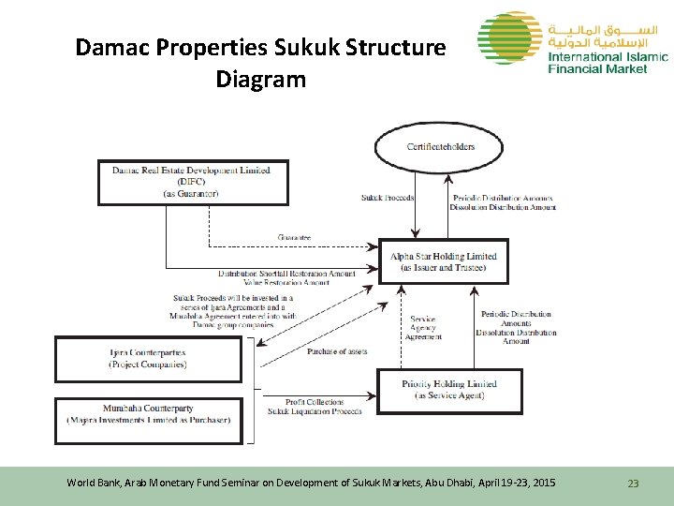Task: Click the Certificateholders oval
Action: tap(440, 147)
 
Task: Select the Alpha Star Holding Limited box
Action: tap(444, 261)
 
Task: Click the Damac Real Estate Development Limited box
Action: tap(193, 182)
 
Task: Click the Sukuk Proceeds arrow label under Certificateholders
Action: tap(388, 198)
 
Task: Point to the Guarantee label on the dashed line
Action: tap(295, 238)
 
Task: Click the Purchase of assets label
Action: tap(336, 351)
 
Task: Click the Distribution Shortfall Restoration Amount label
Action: tap(286, 274)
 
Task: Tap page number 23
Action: tap(633, 484)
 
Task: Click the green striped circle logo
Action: tap(507, 38)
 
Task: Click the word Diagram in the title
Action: tap(260, 80)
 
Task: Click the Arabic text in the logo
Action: tap(608, 33)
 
